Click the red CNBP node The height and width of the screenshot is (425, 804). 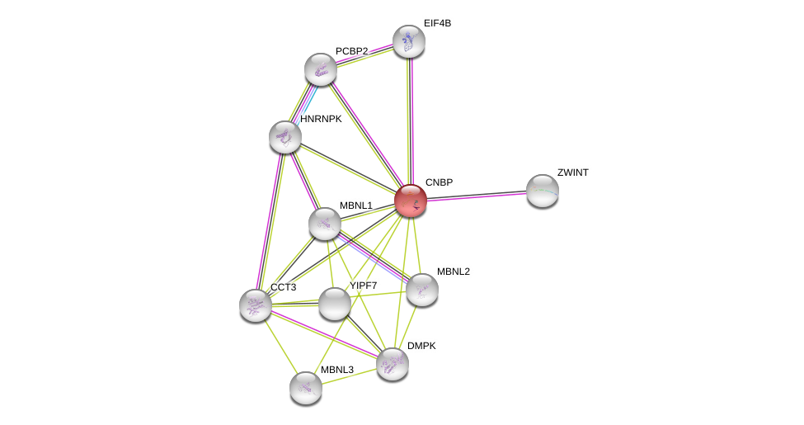pyautogui.click(x=410, y=201)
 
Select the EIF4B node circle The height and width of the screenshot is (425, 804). pyautogui.click(x=408, y=41)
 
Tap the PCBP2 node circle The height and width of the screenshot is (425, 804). pyautogui.click(x=320, y=69)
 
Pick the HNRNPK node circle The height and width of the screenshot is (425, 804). pyautogui.click(x=285, y=137)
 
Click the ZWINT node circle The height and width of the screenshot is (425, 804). pyautogui.click(x=542, y=191)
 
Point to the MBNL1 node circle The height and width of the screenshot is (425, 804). pyautogui.click(x=325, y=224)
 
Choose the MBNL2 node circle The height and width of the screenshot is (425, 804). pyautogui.click(x=421, y=289)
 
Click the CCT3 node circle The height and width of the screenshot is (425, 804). pyautogui.click(x=256, y=305)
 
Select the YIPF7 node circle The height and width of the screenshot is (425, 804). pyautogui.click(x=334, y=304)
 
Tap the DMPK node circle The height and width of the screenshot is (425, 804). pyautogui.click(x=392, y=363)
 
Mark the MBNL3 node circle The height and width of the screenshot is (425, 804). pyautogui.click(x=305, y=387)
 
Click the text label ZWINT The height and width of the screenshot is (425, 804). pyautogui.click(x=572, y=172)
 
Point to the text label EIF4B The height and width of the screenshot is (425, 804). pyautogui.click(x=437, y=23)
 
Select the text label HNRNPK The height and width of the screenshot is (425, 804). pyautogui.click(x=321, y=119)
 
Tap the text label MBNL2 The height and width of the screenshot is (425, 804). pyautogui.click(x=453, y=272)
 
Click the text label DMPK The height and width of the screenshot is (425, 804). pyautogui.click(x=421, y=346)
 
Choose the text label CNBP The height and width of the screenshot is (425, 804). pyautogui.click(x=439, y=182)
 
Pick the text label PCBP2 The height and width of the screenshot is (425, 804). pyautogui.click(x=351, y=51)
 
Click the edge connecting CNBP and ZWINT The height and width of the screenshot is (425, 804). pyautogui.click(x=476, y=196)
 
